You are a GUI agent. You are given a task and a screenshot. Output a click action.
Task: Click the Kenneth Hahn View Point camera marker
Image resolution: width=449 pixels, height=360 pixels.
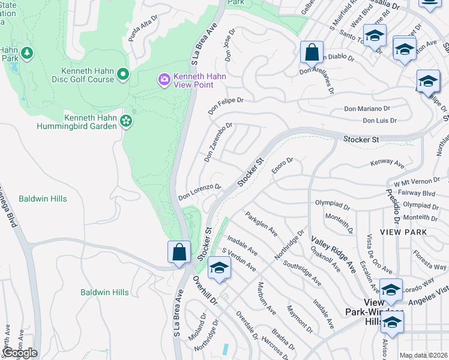pos(163,79)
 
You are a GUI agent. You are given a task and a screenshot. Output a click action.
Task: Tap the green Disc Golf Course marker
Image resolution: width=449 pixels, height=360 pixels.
pos(124,74)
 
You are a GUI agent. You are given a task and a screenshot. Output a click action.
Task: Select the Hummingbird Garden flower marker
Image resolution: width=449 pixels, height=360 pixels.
pos(125,121)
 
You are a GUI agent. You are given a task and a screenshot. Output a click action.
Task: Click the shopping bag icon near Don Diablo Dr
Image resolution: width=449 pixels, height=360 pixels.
pos(312,52)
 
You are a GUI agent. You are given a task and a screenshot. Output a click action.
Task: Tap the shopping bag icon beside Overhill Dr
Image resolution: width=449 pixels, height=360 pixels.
pos(179,252)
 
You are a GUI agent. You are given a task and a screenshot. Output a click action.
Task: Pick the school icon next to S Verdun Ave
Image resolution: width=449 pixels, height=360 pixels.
pos(219,268)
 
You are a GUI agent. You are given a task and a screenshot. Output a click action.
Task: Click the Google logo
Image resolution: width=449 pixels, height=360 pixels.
pos(20,353)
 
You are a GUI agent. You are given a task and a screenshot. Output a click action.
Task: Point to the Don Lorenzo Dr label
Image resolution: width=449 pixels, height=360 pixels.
pos(200,193)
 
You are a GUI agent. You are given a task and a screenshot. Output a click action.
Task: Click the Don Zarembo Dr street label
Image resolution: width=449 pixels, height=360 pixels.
pos(217,143)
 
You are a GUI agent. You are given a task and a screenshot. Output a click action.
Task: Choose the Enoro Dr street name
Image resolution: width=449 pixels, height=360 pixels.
pos(282,166)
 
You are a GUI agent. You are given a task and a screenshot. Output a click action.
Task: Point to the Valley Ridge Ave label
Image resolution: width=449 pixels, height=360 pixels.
pos(333,253)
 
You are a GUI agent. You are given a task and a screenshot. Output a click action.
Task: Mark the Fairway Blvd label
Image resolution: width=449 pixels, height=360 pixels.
pos(414,193)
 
